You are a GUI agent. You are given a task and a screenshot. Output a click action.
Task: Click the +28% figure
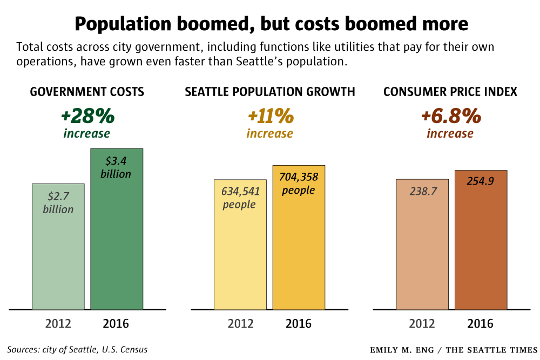(87, 116)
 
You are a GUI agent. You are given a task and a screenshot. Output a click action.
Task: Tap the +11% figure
(270, 116)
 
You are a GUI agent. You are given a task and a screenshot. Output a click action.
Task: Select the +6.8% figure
(450, 116)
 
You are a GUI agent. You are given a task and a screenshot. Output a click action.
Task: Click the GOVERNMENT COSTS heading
(87, 92)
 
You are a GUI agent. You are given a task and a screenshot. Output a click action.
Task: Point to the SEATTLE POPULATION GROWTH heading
(270, 92)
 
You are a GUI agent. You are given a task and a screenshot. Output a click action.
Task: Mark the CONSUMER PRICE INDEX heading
(450, 92)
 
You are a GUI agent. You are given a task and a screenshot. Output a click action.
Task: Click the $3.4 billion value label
(116, 167)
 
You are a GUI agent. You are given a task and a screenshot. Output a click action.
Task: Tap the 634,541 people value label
(240, 198)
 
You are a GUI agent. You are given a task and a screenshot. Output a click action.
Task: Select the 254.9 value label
(481, 181)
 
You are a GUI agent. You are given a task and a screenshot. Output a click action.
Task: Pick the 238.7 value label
(422, 191)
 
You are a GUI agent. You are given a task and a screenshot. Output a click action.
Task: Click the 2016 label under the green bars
(116, 324)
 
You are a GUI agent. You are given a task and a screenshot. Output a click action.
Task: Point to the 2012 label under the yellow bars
(241, 324)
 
